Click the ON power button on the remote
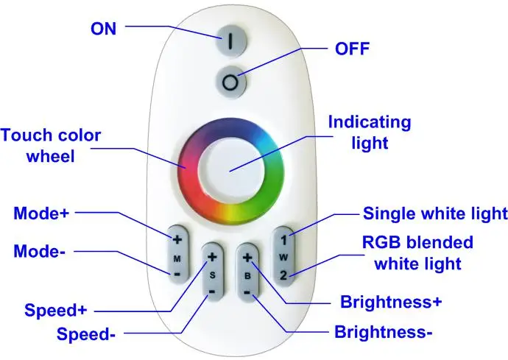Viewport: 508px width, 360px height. click(x=230, y=40)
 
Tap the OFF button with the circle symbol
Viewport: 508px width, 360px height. click(x=230, y=82)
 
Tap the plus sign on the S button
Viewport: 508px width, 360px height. click(x=212, y=257)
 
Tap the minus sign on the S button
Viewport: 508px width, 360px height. click(x=212, y=292)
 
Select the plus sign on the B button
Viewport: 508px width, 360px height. click(x=247, y=258)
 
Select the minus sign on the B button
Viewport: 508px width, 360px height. click(x=247, y=292)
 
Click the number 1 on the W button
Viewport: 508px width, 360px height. click(x=283, y=240)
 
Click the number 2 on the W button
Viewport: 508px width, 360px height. click(x=283, y=275)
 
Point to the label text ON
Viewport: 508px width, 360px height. click(x=103, y=29)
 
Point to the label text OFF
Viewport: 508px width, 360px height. click(x=352, y=49)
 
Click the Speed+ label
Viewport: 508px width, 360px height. click(x=56, y=310)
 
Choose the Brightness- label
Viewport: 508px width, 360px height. click(x=384, y=332)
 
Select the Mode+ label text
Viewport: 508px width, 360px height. click(x=41, y=213)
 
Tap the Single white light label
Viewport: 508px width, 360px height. click(x=435, y=213)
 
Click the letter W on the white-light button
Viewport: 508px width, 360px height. click(x=283, y=258)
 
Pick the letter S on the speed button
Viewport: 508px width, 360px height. click(x=212, y=275)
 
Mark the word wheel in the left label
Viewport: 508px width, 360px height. click(x=51, y=157)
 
